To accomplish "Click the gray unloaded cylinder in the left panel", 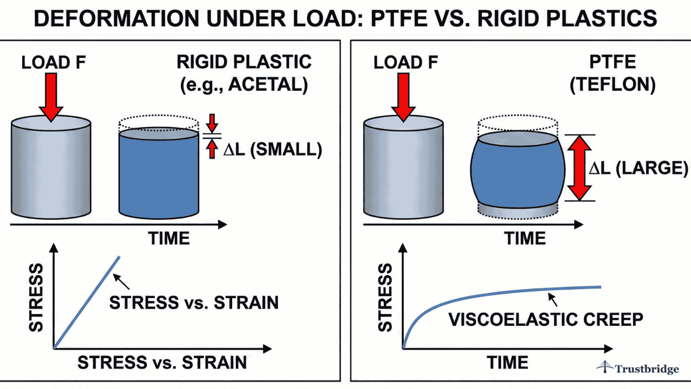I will (x=51, y=167).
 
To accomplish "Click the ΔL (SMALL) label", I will (x=273, y=150).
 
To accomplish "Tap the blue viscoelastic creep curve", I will (x=486, y=295).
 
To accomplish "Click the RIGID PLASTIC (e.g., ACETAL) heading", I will (x=244, y=73).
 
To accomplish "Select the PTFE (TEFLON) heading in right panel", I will (x=613, y=73).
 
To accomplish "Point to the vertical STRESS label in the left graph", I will (x=36, y=297).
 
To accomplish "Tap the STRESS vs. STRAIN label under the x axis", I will (x=162, y=362).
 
